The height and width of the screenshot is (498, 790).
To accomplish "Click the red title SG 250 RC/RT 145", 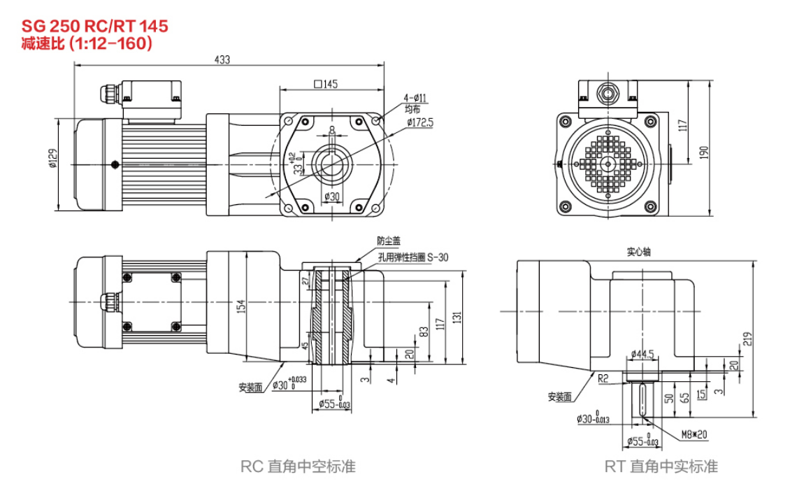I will (x=94, y=26).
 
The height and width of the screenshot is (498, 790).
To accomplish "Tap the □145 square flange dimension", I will (x=326, y=85).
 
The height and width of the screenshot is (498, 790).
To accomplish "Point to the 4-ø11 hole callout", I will (x=415, y=98).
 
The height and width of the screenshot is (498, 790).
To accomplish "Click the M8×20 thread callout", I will (x=695, y=434).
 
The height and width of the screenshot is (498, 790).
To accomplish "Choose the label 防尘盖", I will (x=389, y=241).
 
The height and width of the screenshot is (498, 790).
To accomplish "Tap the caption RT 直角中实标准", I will (x=661, y=467).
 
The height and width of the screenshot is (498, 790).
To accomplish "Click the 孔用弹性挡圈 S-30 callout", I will (x=412, y=257).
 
